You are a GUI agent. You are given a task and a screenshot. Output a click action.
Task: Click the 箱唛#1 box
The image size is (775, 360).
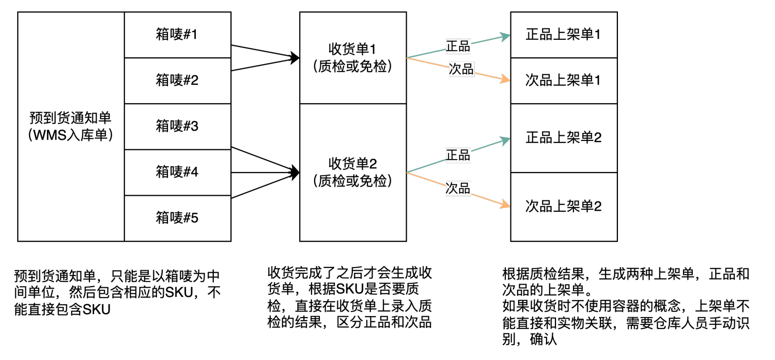(x=177, y=35)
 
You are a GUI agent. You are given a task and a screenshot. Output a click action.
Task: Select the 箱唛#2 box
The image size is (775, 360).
(x=177, y=81)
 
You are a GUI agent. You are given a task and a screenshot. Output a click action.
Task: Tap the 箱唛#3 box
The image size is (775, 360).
(x=177, y=127)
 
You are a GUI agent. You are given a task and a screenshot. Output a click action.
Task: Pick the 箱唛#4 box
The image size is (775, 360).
(x=177, y=173)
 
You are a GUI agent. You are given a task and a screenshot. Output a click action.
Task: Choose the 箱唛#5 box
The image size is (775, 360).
(x=177, y=218)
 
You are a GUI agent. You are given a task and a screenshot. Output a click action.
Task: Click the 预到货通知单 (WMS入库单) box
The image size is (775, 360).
(x=71, y=127)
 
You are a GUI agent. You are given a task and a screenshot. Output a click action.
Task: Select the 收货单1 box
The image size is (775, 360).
(x=353, y=58)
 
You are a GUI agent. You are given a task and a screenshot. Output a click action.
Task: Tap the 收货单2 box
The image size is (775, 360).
(x=353, y=172)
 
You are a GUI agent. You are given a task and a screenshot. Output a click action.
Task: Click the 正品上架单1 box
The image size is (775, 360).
(x=564, y=35)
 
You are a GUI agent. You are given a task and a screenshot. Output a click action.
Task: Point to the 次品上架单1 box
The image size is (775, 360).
(x=564, y=81)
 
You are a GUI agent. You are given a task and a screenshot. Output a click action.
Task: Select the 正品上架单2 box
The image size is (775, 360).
(x=564, y=138)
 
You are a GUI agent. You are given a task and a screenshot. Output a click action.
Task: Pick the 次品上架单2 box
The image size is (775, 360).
(x=564, y=207)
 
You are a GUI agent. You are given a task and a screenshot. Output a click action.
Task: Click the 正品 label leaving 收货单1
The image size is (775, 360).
(x=458, y=46)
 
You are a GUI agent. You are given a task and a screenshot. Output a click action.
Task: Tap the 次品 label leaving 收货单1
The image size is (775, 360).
(x=461, y=70)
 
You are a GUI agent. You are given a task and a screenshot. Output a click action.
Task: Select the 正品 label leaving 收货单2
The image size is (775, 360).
(x=458, y=155)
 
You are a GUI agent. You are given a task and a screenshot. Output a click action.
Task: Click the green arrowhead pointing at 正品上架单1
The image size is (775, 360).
(x=505, y=36)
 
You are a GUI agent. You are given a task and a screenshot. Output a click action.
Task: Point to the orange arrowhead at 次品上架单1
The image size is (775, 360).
(x=505, y=80)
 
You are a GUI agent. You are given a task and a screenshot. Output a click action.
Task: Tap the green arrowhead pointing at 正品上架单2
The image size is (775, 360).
(x=505, y=140)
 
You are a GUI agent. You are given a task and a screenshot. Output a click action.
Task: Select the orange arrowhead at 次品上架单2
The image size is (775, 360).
(x=505, y=206)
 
